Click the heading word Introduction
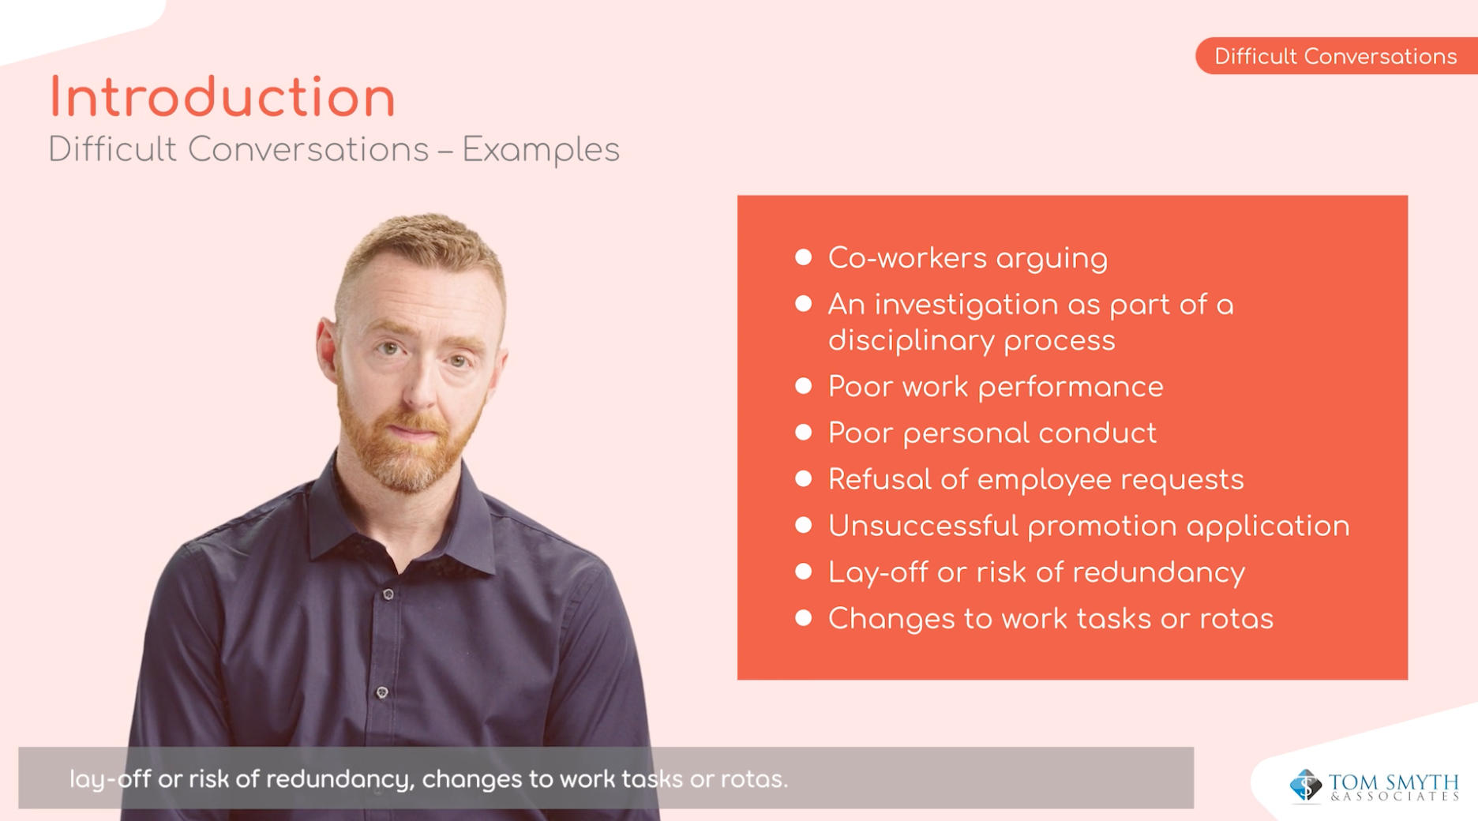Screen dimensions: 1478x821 tap(222, 98)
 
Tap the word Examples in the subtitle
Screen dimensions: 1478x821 tap(541, 151)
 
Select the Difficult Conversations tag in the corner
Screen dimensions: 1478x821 tap(1336, 56)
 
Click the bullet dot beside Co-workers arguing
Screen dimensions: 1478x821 tap(804, 257)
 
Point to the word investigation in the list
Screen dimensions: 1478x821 tap(966, 306)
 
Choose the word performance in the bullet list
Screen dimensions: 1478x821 tap(1071, 388)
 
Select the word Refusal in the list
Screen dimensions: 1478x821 tap(880, 479)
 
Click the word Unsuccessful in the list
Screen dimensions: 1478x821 tap(923, 526)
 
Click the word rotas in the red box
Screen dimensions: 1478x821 tap(1236, 619)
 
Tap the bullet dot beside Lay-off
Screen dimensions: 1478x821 tap(804, 572)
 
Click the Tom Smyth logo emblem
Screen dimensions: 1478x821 tap(1306, 786)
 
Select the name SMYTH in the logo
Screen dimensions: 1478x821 tap(1420, 782)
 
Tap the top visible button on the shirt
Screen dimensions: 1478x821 tap(388, 594)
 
